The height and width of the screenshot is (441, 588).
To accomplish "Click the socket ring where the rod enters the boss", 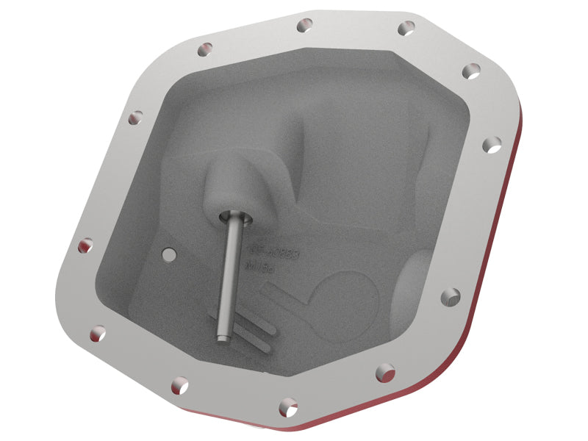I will point(236,218).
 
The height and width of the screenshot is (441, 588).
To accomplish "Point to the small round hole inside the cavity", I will point(171,254).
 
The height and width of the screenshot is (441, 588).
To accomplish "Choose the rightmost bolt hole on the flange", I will point(492,144).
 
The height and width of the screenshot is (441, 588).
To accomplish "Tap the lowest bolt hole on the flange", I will point(288,406).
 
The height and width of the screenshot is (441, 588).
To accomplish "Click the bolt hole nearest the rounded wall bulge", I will point(451,296).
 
